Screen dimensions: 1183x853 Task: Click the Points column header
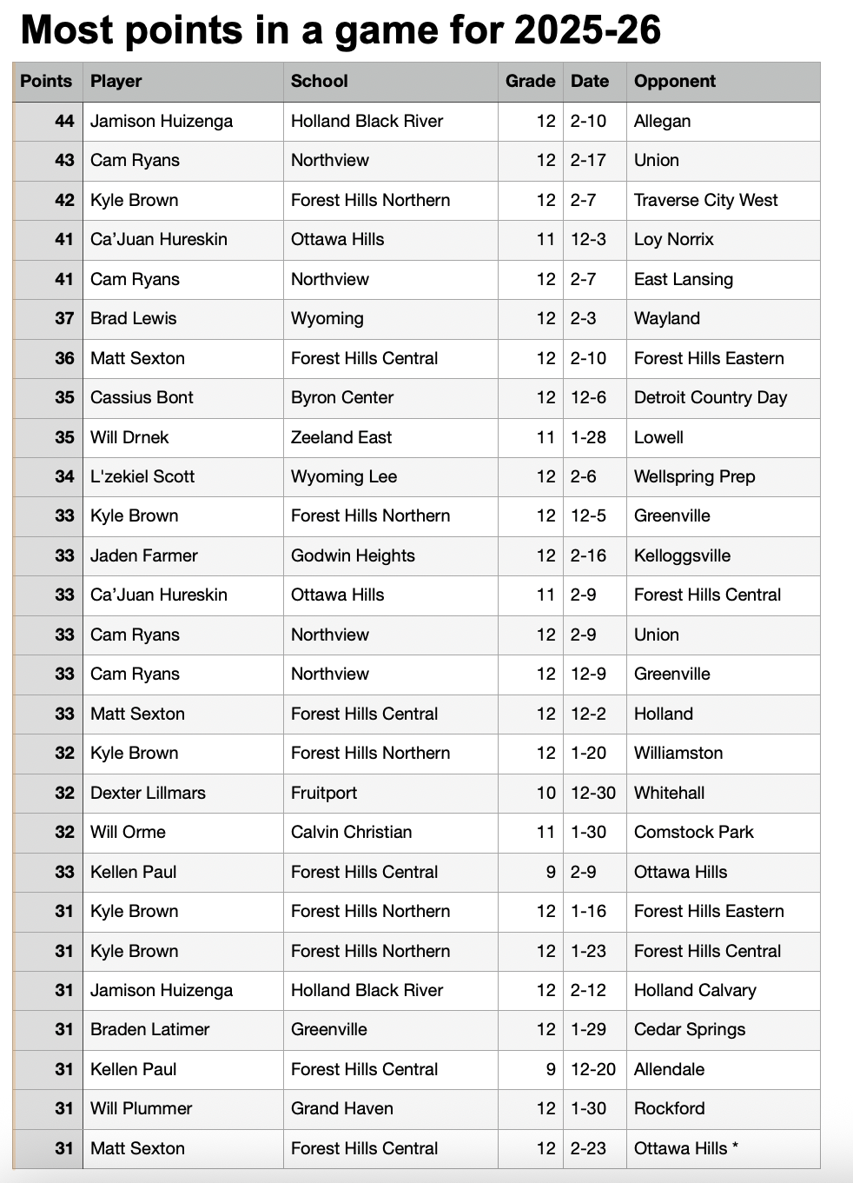click(x=46, y=81)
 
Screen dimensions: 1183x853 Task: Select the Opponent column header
click(x=674, y=81)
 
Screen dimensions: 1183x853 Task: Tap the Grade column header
click(x=530, y=81)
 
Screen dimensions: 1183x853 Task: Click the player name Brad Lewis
click(x=133, y=318)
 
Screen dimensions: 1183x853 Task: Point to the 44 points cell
click(x=64, y=121)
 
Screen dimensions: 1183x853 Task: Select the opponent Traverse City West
click(x=705, y=200)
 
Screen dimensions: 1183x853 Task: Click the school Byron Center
click(x=341, y=397)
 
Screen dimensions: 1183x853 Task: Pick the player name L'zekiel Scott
click(x=142, y=476)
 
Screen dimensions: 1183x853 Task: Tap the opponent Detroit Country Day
click(x=710, y=397)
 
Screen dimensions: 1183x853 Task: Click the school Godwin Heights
click(x=353, y=555)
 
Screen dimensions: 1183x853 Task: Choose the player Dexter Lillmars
click(x=148, y=793)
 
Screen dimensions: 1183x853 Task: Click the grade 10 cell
click(x=546, y=793)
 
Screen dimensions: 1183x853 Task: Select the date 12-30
click(x=592, y=793)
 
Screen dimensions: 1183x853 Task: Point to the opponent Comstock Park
click(x=693, y=832)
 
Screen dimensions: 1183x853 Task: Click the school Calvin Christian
click(x=351, y=832)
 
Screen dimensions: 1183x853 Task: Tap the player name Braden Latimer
click(x=149, y=1029)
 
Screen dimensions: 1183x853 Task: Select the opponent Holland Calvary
click(x=695, y=990)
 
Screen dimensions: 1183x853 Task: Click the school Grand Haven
click(x=341, y=1108)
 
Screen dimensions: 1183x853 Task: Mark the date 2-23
click(x=588, y=1148)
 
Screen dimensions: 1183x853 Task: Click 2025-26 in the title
click(x=587, y=30)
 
